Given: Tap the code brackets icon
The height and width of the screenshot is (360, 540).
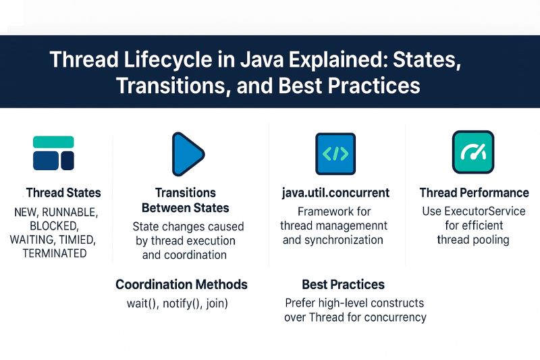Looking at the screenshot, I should click(335, 153).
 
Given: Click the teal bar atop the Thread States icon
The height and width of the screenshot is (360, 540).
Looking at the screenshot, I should click(53, 142).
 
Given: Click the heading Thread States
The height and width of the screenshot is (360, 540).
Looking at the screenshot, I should click(63, 193).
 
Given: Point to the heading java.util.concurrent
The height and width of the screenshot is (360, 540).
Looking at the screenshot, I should click(335, 193).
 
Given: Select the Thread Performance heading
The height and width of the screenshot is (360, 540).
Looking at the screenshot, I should click(474, 193).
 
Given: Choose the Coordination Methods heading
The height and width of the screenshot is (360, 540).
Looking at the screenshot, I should click(182, 284).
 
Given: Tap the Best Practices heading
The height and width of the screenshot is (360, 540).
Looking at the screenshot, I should click(343, 284).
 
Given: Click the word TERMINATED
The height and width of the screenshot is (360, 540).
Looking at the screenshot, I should click(55, 254).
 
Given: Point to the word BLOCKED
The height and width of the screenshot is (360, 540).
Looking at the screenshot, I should click(55, 226).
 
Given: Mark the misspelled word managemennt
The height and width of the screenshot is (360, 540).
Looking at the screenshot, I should click(355, 226).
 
